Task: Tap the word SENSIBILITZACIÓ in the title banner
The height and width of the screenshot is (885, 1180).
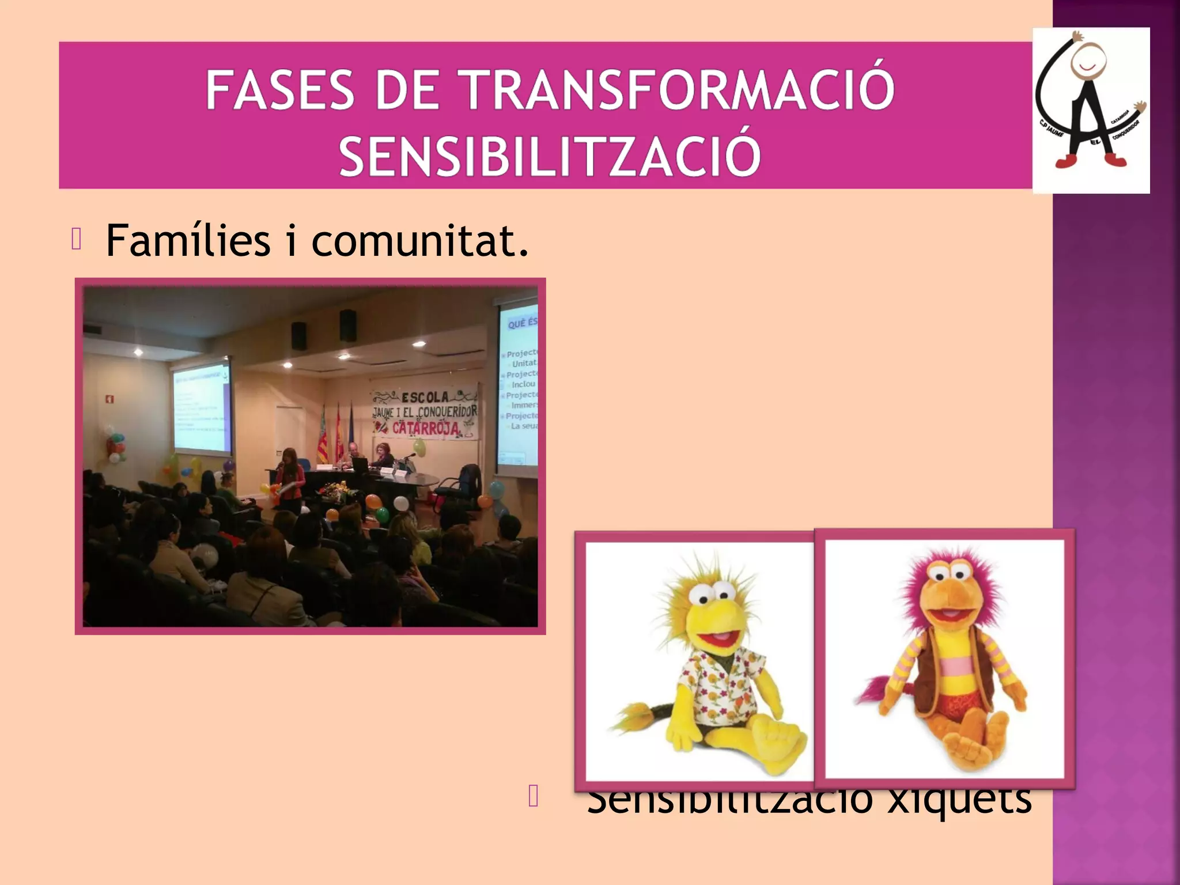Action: point(550,155)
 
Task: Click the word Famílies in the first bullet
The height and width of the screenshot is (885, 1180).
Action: point(188,240)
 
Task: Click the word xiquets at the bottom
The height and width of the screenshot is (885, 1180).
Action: point(959,801)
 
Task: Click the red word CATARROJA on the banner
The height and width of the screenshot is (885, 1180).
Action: point(426,429)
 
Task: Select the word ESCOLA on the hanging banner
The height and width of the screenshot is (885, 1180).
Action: point(425,398)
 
